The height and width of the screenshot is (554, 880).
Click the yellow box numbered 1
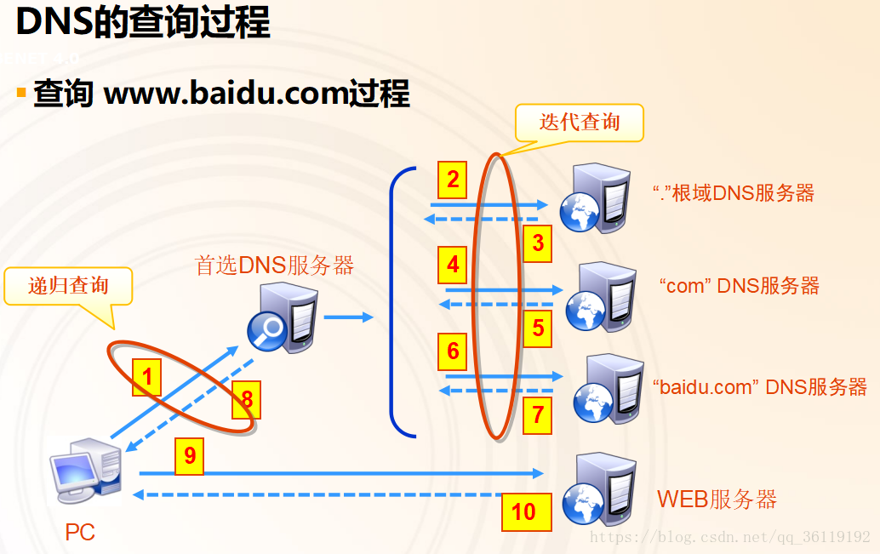point(147,375)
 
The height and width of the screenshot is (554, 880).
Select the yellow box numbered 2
point(453,180)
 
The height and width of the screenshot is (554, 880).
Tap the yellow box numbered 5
point(538,328)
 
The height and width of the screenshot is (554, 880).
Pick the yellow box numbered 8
point(247,398)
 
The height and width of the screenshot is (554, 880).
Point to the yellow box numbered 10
point(523,511)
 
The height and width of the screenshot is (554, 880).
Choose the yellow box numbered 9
point(190,456)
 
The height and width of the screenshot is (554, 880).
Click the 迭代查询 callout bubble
point(580,123)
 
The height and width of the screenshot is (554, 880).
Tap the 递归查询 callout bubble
point(69,285)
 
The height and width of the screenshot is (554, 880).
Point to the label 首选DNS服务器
point(274,266)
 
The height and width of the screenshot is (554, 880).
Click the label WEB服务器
point(717,499)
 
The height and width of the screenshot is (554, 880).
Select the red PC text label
point(80,534)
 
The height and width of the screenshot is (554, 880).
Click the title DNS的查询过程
point(143,23)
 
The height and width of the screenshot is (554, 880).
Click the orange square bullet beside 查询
point(21,92)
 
